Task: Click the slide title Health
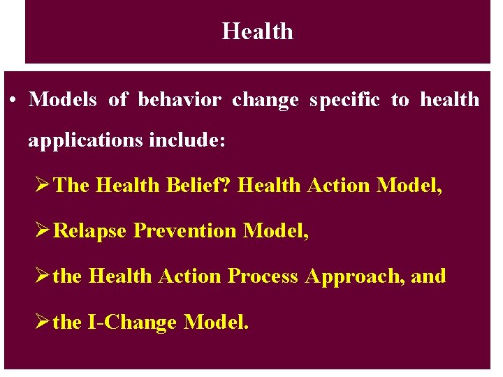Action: point(257,31)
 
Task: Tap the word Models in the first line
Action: point(63,100)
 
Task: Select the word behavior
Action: point(180,100)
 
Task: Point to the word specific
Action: point(345,100)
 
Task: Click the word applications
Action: point(86,141)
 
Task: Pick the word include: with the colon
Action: point(187,141)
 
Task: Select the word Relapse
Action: point(90,230)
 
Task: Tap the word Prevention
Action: point(185,230)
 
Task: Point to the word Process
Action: point(263,276)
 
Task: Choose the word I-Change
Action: point(131,323)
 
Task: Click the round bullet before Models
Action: point(14,101)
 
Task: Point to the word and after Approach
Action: point(428,276)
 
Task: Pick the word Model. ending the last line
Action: point(215,323)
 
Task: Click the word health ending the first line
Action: point(449,100)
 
